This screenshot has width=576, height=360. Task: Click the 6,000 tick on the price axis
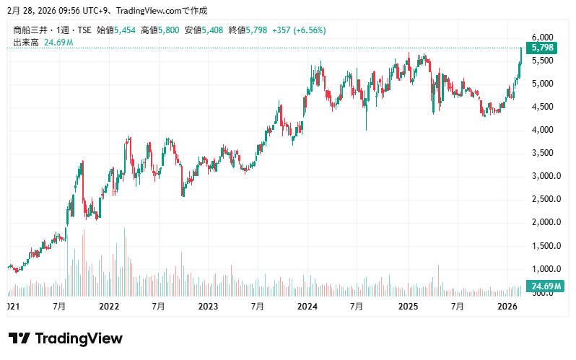[542, 38]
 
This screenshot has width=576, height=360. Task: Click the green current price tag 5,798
[542, 48]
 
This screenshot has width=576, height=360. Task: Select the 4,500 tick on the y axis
[542, 107]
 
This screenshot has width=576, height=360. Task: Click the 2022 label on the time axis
[109, 307]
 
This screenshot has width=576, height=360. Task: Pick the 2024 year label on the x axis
[307, 307]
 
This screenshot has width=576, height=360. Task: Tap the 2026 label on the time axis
[507, 307]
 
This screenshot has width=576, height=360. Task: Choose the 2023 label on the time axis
[208, 307]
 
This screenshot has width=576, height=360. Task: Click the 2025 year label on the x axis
[408, 307]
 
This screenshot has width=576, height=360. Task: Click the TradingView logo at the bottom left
[66, 338]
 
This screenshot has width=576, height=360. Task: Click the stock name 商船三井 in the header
[31, 30]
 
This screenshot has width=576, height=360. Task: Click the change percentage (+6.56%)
[306, 30]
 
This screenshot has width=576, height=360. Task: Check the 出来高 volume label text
[26, 43]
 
